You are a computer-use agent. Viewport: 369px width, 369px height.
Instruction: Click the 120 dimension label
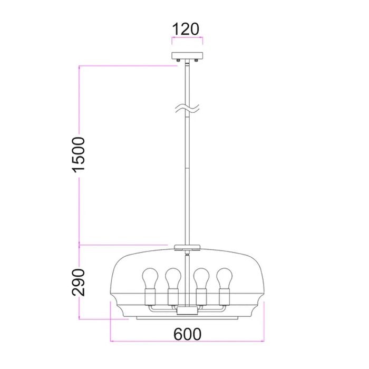[186, 29]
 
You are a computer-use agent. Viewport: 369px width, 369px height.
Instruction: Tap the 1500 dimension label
[79, 154]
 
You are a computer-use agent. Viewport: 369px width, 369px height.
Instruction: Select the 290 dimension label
[79, 282]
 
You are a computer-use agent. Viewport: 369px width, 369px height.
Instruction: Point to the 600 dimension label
[187, 334]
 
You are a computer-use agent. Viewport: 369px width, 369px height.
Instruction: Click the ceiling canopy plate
[187, 56]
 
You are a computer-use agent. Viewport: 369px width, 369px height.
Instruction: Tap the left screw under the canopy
[179, 61]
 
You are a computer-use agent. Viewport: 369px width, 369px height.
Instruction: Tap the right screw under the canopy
[196, 61]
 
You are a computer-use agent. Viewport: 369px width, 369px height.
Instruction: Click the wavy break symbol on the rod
[187, 108]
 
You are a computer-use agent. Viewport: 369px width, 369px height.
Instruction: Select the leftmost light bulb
[150, 278]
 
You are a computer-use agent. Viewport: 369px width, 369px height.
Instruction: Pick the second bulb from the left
[173, 278]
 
